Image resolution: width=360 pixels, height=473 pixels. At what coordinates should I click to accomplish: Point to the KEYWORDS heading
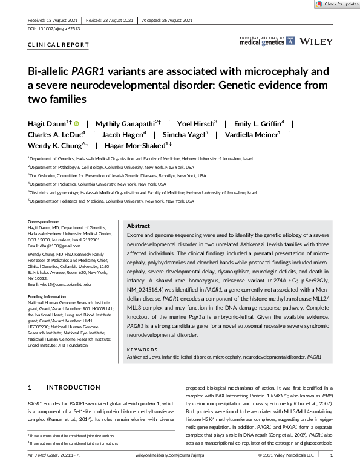point(143,348)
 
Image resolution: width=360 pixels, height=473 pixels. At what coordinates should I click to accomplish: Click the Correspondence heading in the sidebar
point(44,222)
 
